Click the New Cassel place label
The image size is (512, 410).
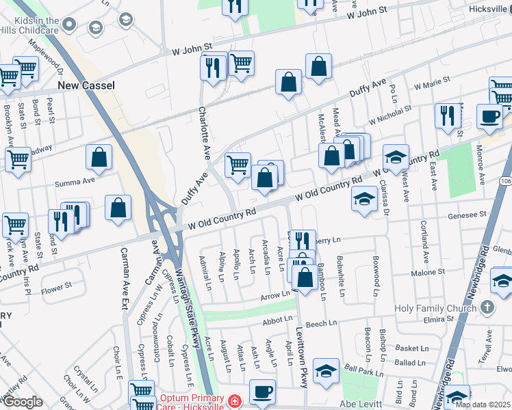[86, 85]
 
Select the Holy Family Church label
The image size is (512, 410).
[435, 308]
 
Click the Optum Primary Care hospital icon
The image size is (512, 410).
[234, 400]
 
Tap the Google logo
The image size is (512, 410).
[23, 402]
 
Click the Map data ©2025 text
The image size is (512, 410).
[482, 405]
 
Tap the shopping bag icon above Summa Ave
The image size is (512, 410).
[99, 157]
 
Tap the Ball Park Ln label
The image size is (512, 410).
[363, 373]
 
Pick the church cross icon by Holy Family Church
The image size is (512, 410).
[487, 307]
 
